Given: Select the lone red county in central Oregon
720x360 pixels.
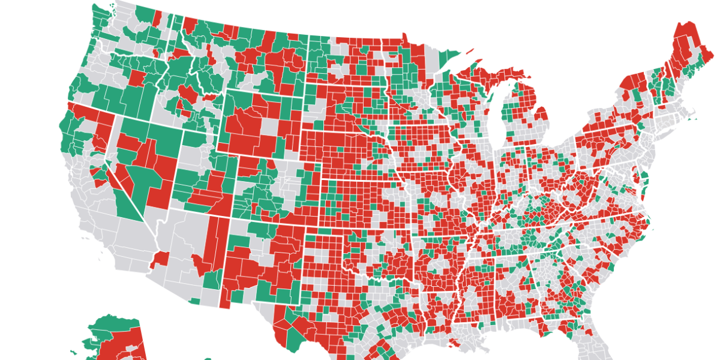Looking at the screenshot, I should point(136,79).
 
